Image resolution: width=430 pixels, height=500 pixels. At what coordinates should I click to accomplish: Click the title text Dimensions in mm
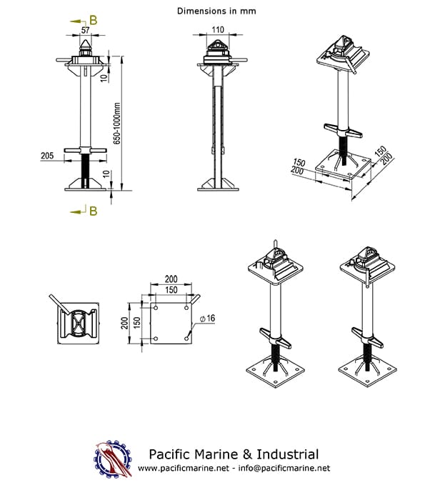point(216,11)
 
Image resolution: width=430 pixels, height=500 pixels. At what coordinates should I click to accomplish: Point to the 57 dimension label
point(86,31)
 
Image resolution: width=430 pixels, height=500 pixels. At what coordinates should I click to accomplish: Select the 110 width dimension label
point(218,30)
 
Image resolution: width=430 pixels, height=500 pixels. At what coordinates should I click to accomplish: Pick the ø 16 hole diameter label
point(206,317)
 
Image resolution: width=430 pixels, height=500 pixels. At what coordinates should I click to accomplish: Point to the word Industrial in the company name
point(285,454)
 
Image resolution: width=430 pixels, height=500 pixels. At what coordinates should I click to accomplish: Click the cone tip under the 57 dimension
point(86,44)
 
